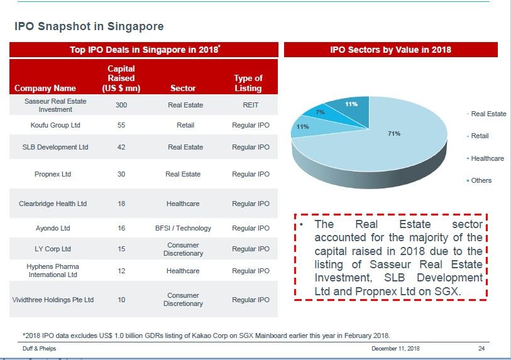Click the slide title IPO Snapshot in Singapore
tap(89, 26)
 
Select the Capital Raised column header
tap(121, 79)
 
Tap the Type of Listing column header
tap(248, 83)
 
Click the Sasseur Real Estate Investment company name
tap(55, 105)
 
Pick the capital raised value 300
tap(121, 106)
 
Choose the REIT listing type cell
tap(250, 106)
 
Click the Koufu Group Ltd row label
tap(55, 125)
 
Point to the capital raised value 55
tap(121, 125)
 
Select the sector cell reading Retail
tap(185, 125)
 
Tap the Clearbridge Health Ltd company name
tap(53, 204)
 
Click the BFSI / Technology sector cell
tap(183, 228)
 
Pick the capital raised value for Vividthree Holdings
tap(121, 300)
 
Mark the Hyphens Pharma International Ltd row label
tap(53, 271)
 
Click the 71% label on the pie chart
tap(394, 134)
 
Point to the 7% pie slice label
tap(320, 112)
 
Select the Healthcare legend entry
tap(487, 158)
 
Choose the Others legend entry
tap(481, 180)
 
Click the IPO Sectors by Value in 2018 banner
tap(390, 50)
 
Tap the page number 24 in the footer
tap(481, 348)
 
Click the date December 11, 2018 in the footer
tap(395, 348)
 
